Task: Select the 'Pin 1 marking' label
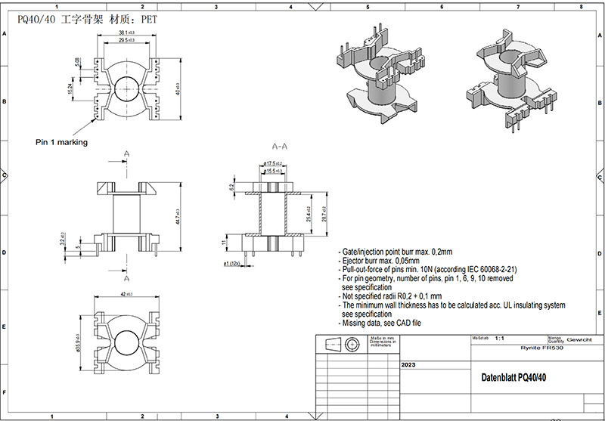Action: tap(61, 141)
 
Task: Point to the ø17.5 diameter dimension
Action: tap(273, 163)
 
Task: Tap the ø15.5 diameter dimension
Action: tap(273, 172)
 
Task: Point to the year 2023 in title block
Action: tap(408, 364)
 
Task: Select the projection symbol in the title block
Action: tap(340, 345)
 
